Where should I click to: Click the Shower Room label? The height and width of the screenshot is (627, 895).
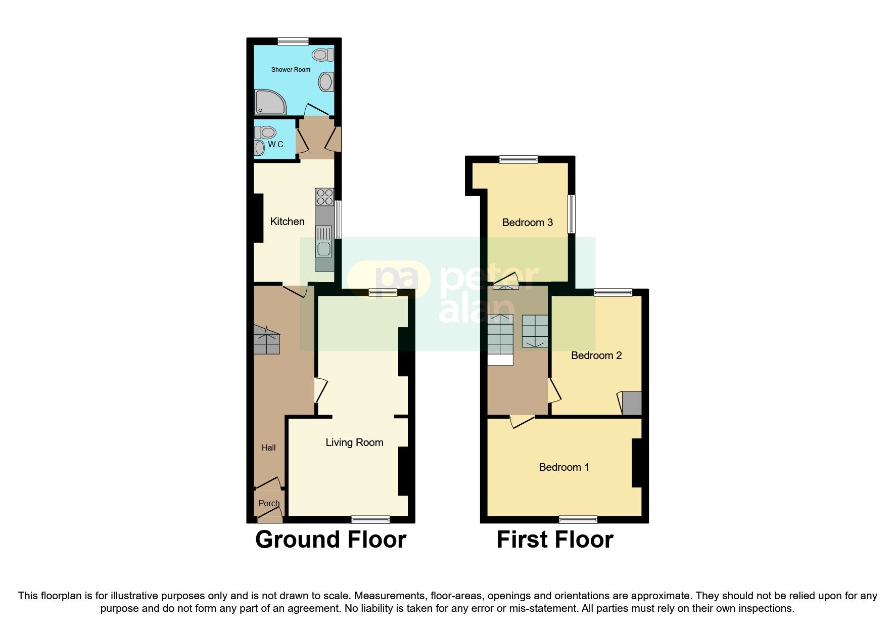coord(291,70)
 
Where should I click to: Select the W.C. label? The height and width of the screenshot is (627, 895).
coord(276,145)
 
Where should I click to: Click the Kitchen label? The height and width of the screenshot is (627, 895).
coord(287,221)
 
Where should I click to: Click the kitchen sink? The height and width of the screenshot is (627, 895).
coord(323,248)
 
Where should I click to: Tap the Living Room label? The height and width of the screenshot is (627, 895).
coord(354,443)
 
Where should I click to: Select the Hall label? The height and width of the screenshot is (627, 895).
coord(268,447)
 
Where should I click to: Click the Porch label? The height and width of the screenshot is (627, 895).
coord(269,503)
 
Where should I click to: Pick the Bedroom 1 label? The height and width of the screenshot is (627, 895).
coord(564,467)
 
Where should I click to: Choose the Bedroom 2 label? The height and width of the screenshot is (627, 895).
coord(596,355)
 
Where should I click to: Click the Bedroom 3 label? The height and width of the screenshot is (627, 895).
coord(527,222)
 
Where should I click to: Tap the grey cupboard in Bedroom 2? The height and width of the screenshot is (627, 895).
coord(632,404)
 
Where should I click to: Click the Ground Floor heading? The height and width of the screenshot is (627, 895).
coord(331,540)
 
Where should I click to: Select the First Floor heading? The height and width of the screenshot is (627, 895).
coord(555,540)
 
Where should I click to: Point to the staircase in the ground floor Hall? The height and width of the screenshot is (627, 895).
coord(266,340)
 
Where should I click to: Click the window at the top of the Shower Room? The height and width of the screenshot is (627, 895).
coord(293,41)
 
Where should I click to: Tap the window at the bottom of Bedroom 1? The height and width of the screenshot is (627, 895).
coord(578,519)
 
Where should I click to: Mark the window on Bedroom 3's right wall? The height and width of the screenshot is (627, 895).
coord(572,214)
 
